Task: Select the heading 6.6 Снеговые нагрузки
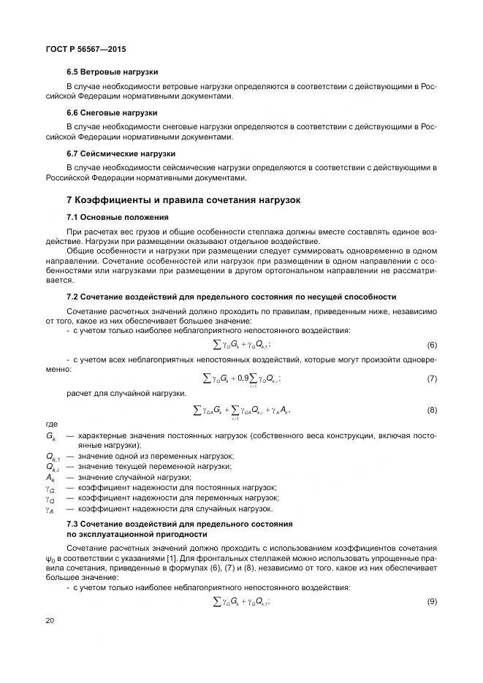(x=111, y=113)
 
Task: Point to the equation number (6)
(x=432, y=345)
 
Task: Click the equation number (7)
(x=432, y=378)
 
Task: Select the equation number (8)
(x=432, y=411)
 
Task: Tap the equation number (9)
(x=432, y=600)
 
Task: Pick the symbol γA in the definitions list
(x=50, y=508)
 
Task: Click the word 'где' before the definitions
(x=52, y=424)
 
